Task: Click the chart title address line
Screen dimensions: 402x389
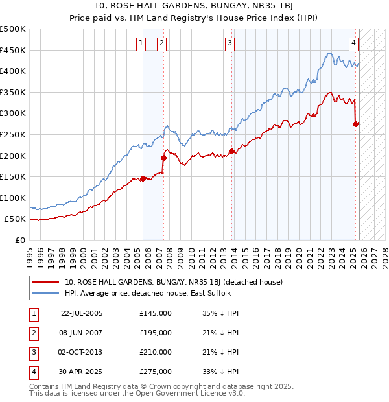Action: point(195,6)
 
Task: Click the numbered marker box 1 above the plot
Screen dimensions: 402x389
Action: point(141,43)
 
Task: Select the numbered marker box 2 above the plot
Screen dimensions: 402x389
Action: point(161,43)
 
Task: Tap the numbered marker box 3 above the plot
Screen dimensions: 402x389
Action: point(230,43)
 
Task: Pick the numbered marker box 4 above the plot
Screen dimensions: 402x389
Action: point(353,43)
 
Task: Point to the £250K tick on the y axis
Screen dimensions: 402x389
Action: point(14,134)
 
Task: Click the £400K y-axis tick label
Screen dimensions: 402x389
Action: point(14,71)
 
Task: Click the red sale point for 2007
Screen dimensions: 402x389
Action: point(163,158)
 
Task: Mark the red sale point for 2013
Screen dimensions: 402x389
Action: point(231,152)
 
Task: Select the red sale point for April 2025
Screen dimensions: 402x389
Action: point(355,124)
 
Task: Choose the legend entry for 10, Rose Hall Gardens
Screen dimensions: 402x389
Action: point(173,282)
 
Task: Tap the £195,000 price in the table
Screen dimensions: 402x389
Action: point(156,333)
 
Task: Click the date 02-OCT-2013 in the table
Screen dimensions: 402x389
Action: point(81,352)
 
